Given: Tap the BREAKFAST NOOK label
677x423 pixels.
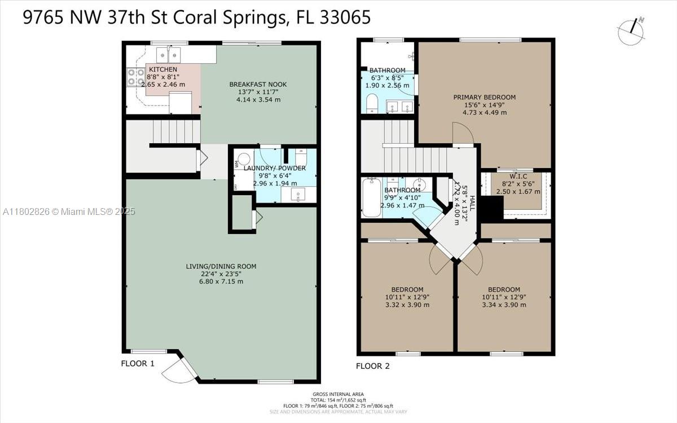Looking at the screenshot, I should [x=258, y=85].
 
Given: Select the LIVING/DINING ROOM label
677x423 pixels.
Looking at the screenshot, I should [x=217, y=266].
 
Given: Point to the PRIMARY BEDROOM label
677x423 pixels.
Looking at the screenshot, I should [x=484, y=97].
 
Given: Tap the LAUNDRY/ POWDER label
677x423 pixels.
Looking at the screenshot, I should [x=275, y=168].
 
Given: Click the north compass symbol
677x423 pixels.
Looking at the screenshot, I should [x=631, y=32].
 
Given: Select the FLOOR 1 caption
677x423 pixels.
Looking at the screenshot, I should [x=138, y=363].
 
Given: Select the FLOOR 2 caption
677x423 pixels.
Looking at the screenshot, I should [x=372, y=366].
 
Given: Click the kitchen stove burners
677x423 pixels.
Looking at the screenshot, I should [x=135, y=77].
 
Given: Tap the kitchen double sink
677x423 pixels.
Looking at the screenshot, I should [x=169, y=55].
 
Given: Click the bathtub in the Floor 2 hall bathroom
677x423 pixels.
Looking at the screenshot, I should [x=371, y=197].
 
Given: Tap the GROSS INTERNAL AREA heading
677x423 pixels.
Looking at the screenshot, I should [x=338, y=394].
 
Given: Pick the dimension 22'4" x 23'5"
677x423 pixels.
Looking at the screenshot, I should [x=217, y=274].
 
